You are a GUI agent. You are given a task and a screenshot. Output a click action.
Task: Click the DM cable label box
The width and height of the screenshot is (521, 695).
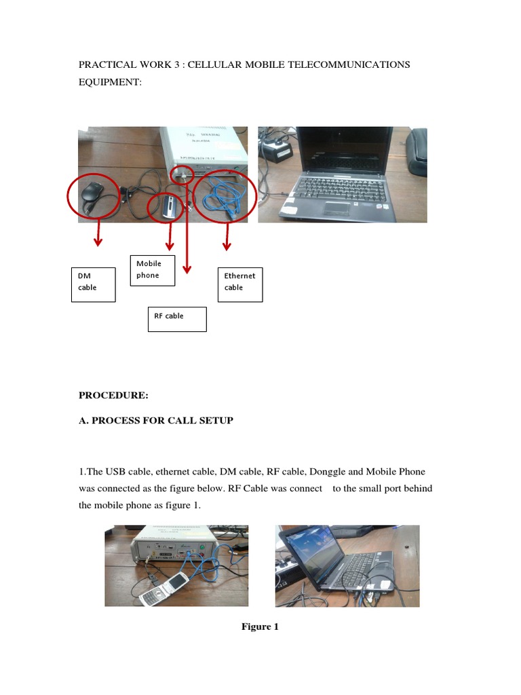pos(94,284)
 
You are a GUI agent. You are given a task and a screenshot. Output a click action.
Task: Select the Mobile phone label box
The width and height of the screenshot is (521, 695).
pos(153,270)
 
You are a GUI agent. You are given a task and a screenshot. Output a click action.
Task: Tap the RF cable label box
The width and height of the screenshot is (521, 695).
pos(177,319)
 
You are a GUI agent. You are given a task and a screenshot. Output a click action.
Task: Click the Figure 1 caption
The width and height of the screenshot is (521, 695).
pos(260,626)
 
